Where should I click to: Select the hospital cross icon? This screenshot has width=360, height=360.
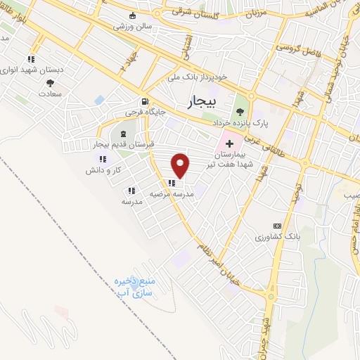click(229, 143)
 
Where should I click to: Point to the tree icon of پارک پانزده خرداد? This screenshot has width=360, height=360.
click(240, 111)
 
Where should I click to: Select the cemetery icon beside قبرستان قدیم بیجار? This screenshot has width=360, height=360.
click(124, 134)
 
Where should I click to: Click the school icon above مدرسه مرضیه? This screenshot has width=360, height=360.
click(172, 184)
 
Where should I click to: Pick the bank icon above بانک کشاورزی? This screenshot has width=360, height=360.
click(285, 224)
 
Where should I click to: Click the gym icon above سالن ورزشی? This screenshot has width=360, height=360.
click(131, 15)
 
